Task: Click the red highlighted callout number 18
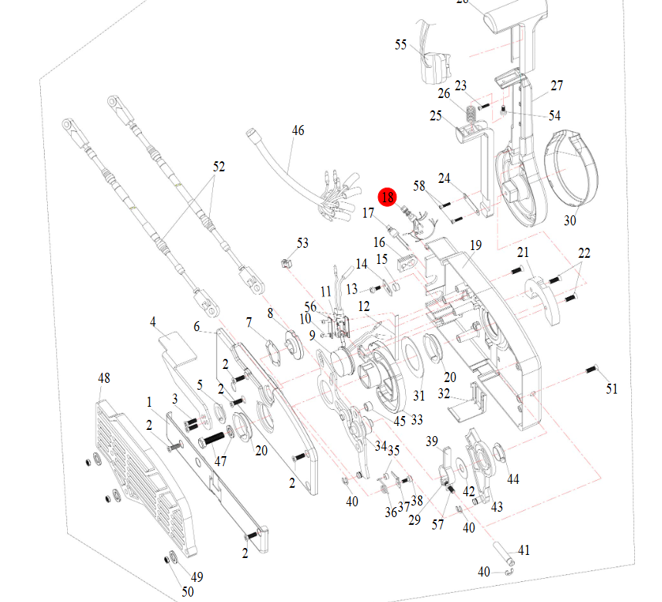(x=387, y=198)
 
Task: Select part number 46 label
(x=298, y=130)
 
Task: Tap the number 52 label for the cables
(x=219, y=166)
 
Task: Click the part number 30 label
(x=569, y=221)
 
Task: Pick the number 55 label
(x=400, y=45)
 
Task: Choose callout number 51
(x=612, y=389)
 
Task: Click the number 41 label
(x=524, y=550)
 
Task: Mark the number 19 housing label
(x=475, y=245)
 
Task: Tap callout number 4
(x=153, y=321)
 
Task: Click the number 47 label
(x=221, y=462)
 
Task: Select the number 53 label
(x=302, y=243)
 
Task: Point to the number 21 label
(x=524, y=253)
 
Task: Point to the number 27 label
(x=557, y=86)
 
